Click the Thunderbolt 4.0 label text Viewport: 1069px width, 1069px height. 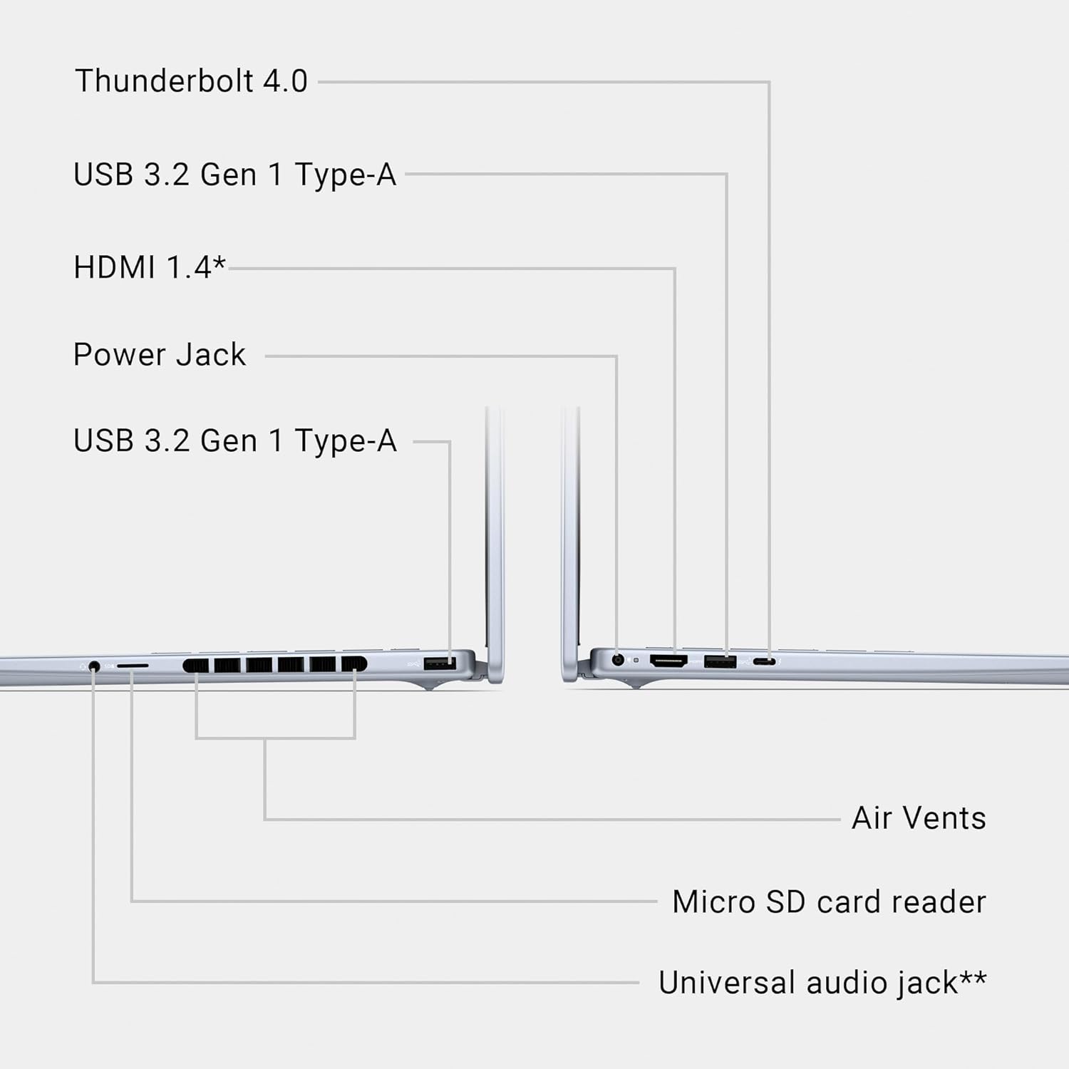point(191,81)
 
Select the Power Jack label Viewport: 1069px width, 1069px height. point(160,355)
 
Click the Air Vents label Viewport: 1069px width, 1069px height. point(919,818)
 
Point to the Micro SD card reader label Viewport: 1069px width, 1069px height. point(829,902)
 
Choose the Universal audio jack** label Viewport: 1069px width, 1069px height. point(822,983)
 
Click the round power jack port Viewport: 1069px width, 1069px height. point(618,660)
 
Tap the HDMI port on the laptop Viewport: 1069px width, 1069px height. point(668,661)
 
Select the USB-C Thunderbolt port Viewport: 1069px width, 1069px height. point(765,662)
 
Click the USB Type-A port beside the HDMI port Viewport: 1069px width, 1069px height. point(720,661)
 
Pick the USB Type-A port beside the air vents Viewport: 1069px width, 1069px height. point(440,663)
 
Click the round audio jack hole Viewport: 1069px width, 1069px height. point(94,667)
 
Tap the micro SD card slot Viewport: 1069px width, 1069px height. point(133,666)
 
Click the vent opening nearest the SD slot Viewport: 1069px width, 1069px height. point(196,666)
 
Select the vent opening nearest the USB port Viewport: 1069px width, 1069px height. point(353,664)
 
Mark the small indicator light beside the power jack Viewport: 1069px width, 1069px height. point(636,661)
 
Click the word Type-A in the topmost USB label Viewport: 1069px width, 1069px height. point(345,175)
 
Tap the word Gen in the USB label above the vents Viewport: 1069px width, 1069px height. point(228,441)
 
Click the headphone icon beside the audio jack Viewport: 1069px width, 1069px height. point(83,666)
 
